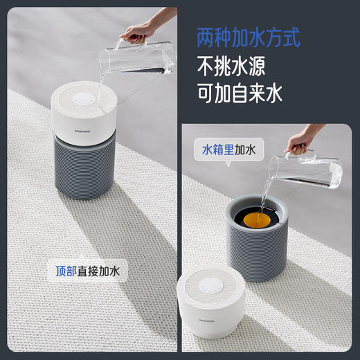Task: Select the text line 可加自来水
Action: (239, 94)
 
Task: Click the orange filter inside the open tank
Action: (257, 220)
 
